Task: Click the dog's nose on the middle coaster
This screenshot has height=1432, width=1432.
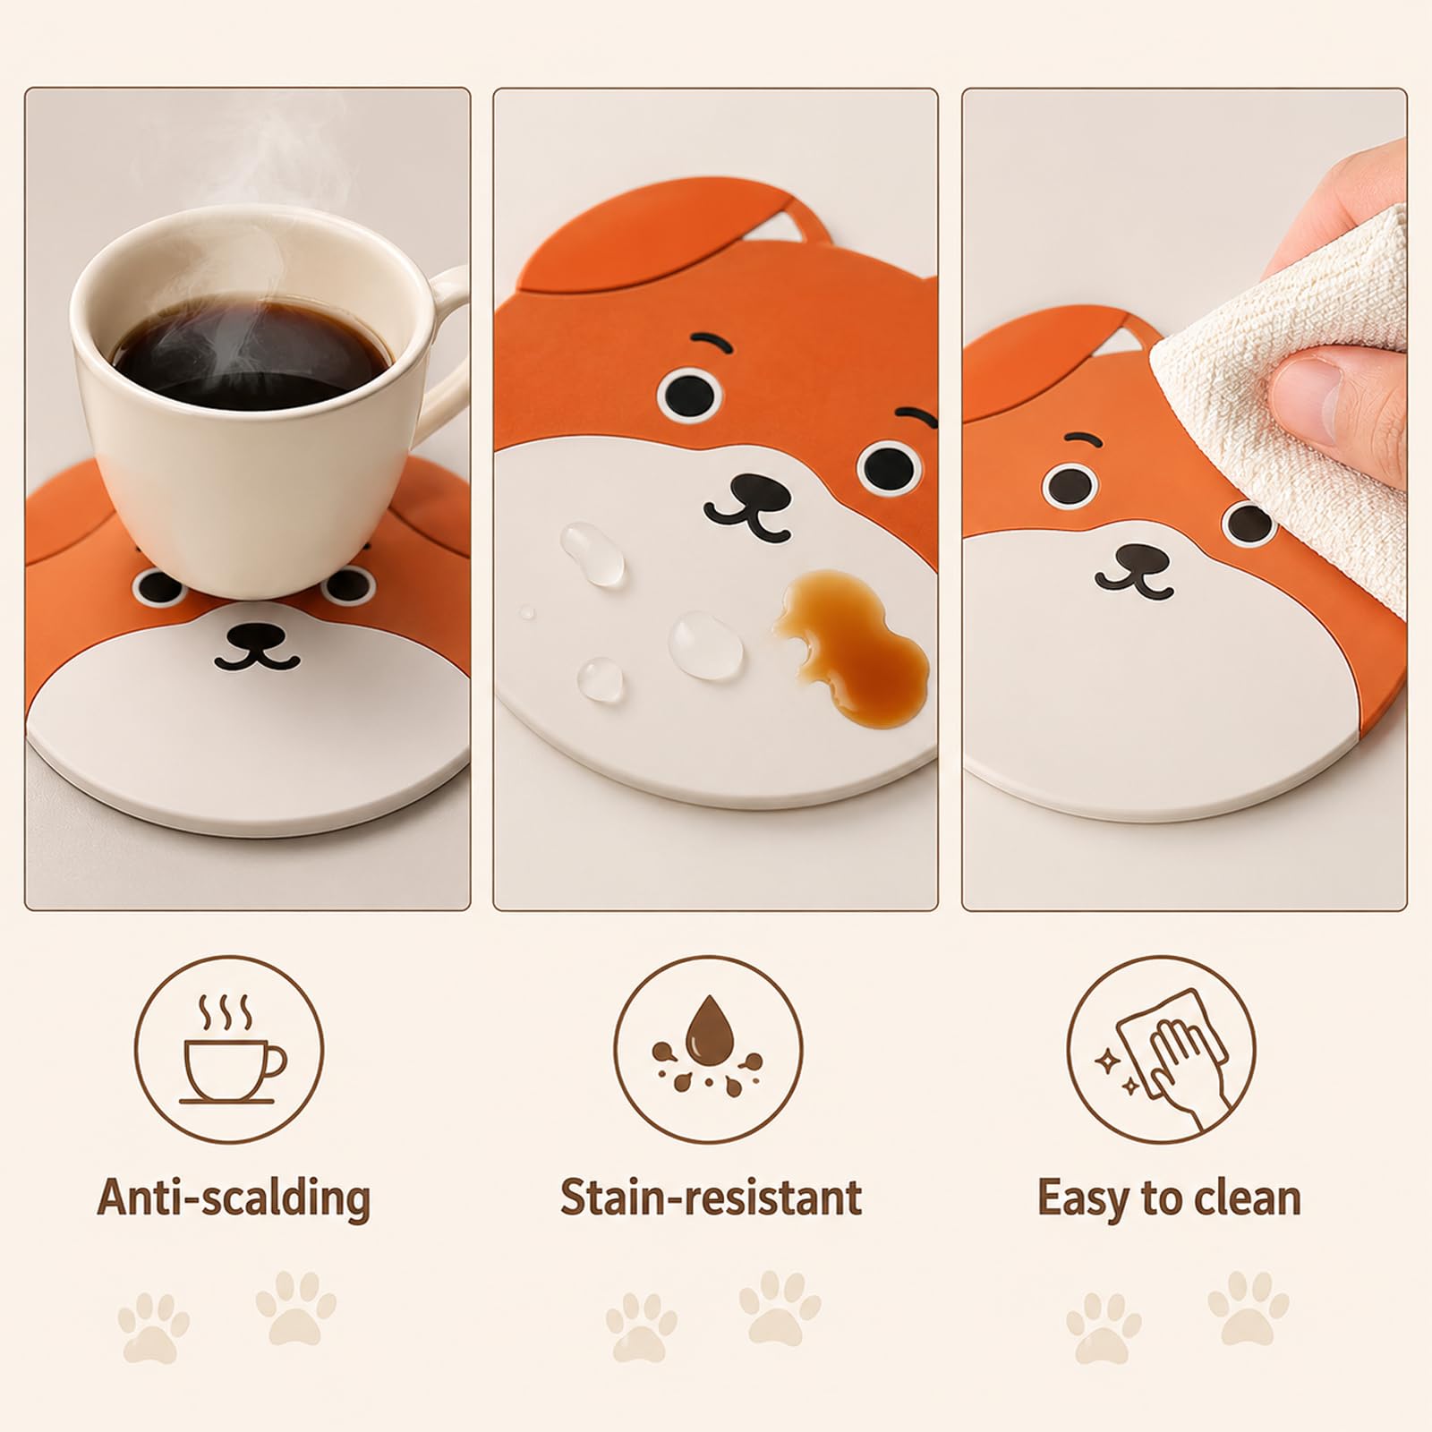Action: (x=754, y=491)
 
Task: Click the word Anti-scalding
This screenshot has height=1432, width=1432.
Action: (x=234, y=1198)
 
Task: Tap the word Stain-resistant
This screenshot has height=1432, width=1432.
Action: (x=712, y=1198)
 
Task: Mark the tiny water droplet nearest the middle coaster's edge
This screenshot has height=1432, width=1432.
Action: (x=526, y=613)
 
